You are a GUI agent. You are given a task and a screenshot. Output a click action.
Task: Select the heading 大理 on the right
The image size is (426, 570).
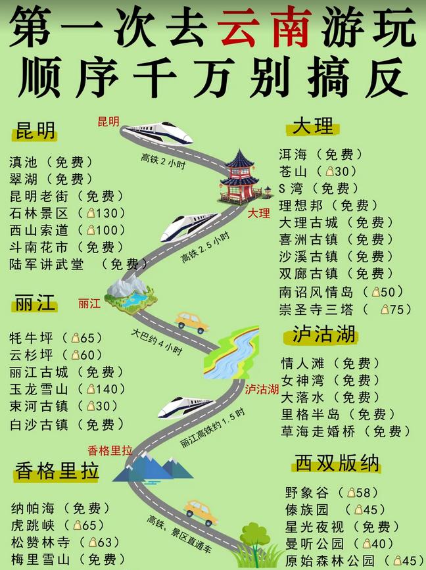tap(314, 127)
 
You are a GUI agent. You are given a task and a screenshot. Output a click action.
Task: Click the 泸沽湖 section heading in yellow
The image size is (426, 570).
tap(319, 335)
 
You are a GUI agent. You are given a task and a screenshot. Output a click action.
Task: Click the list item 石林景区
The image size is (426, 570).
tap(39, 213)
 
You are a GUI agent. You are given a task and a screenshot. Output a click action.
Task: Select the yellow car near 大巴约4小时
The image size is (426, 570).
tap(191, 321)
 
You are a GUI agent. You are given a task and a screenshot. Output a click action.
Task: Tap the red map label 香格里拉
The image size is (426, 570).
tap(110, 450)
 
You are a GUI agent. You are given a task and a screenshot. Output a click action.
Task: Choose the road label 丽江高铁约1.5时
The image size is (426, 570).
tap(212, 431)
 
